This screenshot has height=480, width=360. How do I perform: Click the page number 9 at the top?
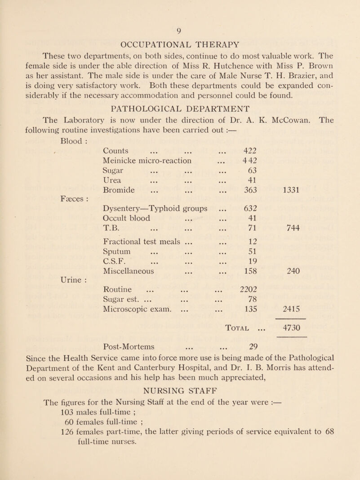180,32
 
